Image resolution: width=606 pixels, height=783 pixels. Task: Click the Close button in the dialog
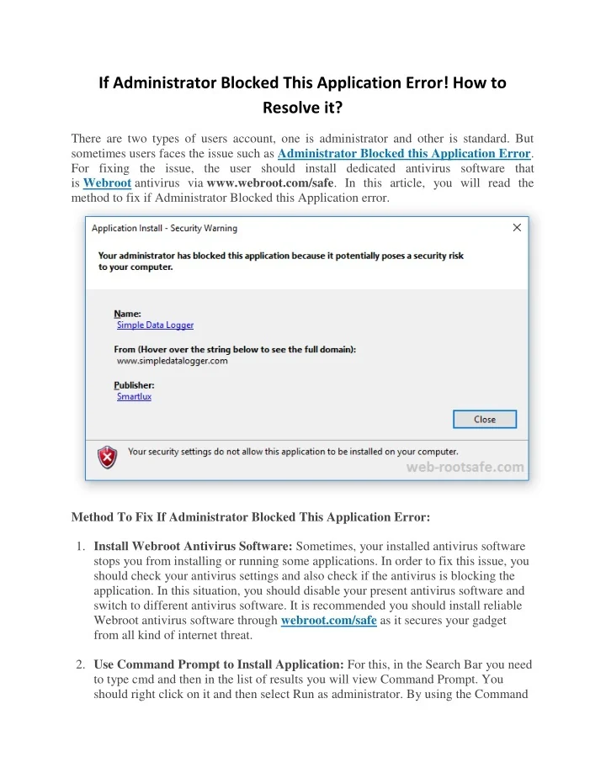click(x=484, y=419)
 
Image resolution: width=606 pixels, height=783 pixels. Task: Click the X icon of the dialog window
click(x=517, y=227)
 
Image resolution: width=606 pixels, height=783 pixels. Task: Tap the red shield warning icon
click(x=108, y=457)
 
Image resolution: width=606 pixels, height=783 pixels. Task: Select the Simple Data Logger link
click(x=155, y=325)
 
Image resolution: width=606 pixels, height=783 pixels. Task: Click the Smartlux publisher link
click(x=134, y=396)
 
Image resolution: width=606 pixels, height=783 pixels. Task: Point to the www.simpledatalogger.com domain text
click(x=172, y=361)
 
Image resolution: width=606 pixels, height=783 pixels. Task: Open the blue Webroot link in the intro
click(x=107, y=183)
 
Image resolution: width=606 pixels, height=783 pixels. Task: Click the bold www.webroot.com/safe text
click(x=271, y=183)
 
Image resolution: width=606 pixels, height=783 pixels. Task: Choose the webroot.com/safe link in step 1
click(x=328, y=621)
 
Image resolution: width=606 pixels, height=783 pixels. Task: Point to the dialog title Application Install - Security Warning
click(x=164, y=228)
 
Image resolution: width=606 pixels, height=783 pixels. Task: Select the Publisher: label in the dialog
click(x=135, y=384)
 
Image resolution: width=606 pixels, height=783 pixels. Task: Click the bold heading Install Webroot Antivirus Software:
click(x=193, y=545)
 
